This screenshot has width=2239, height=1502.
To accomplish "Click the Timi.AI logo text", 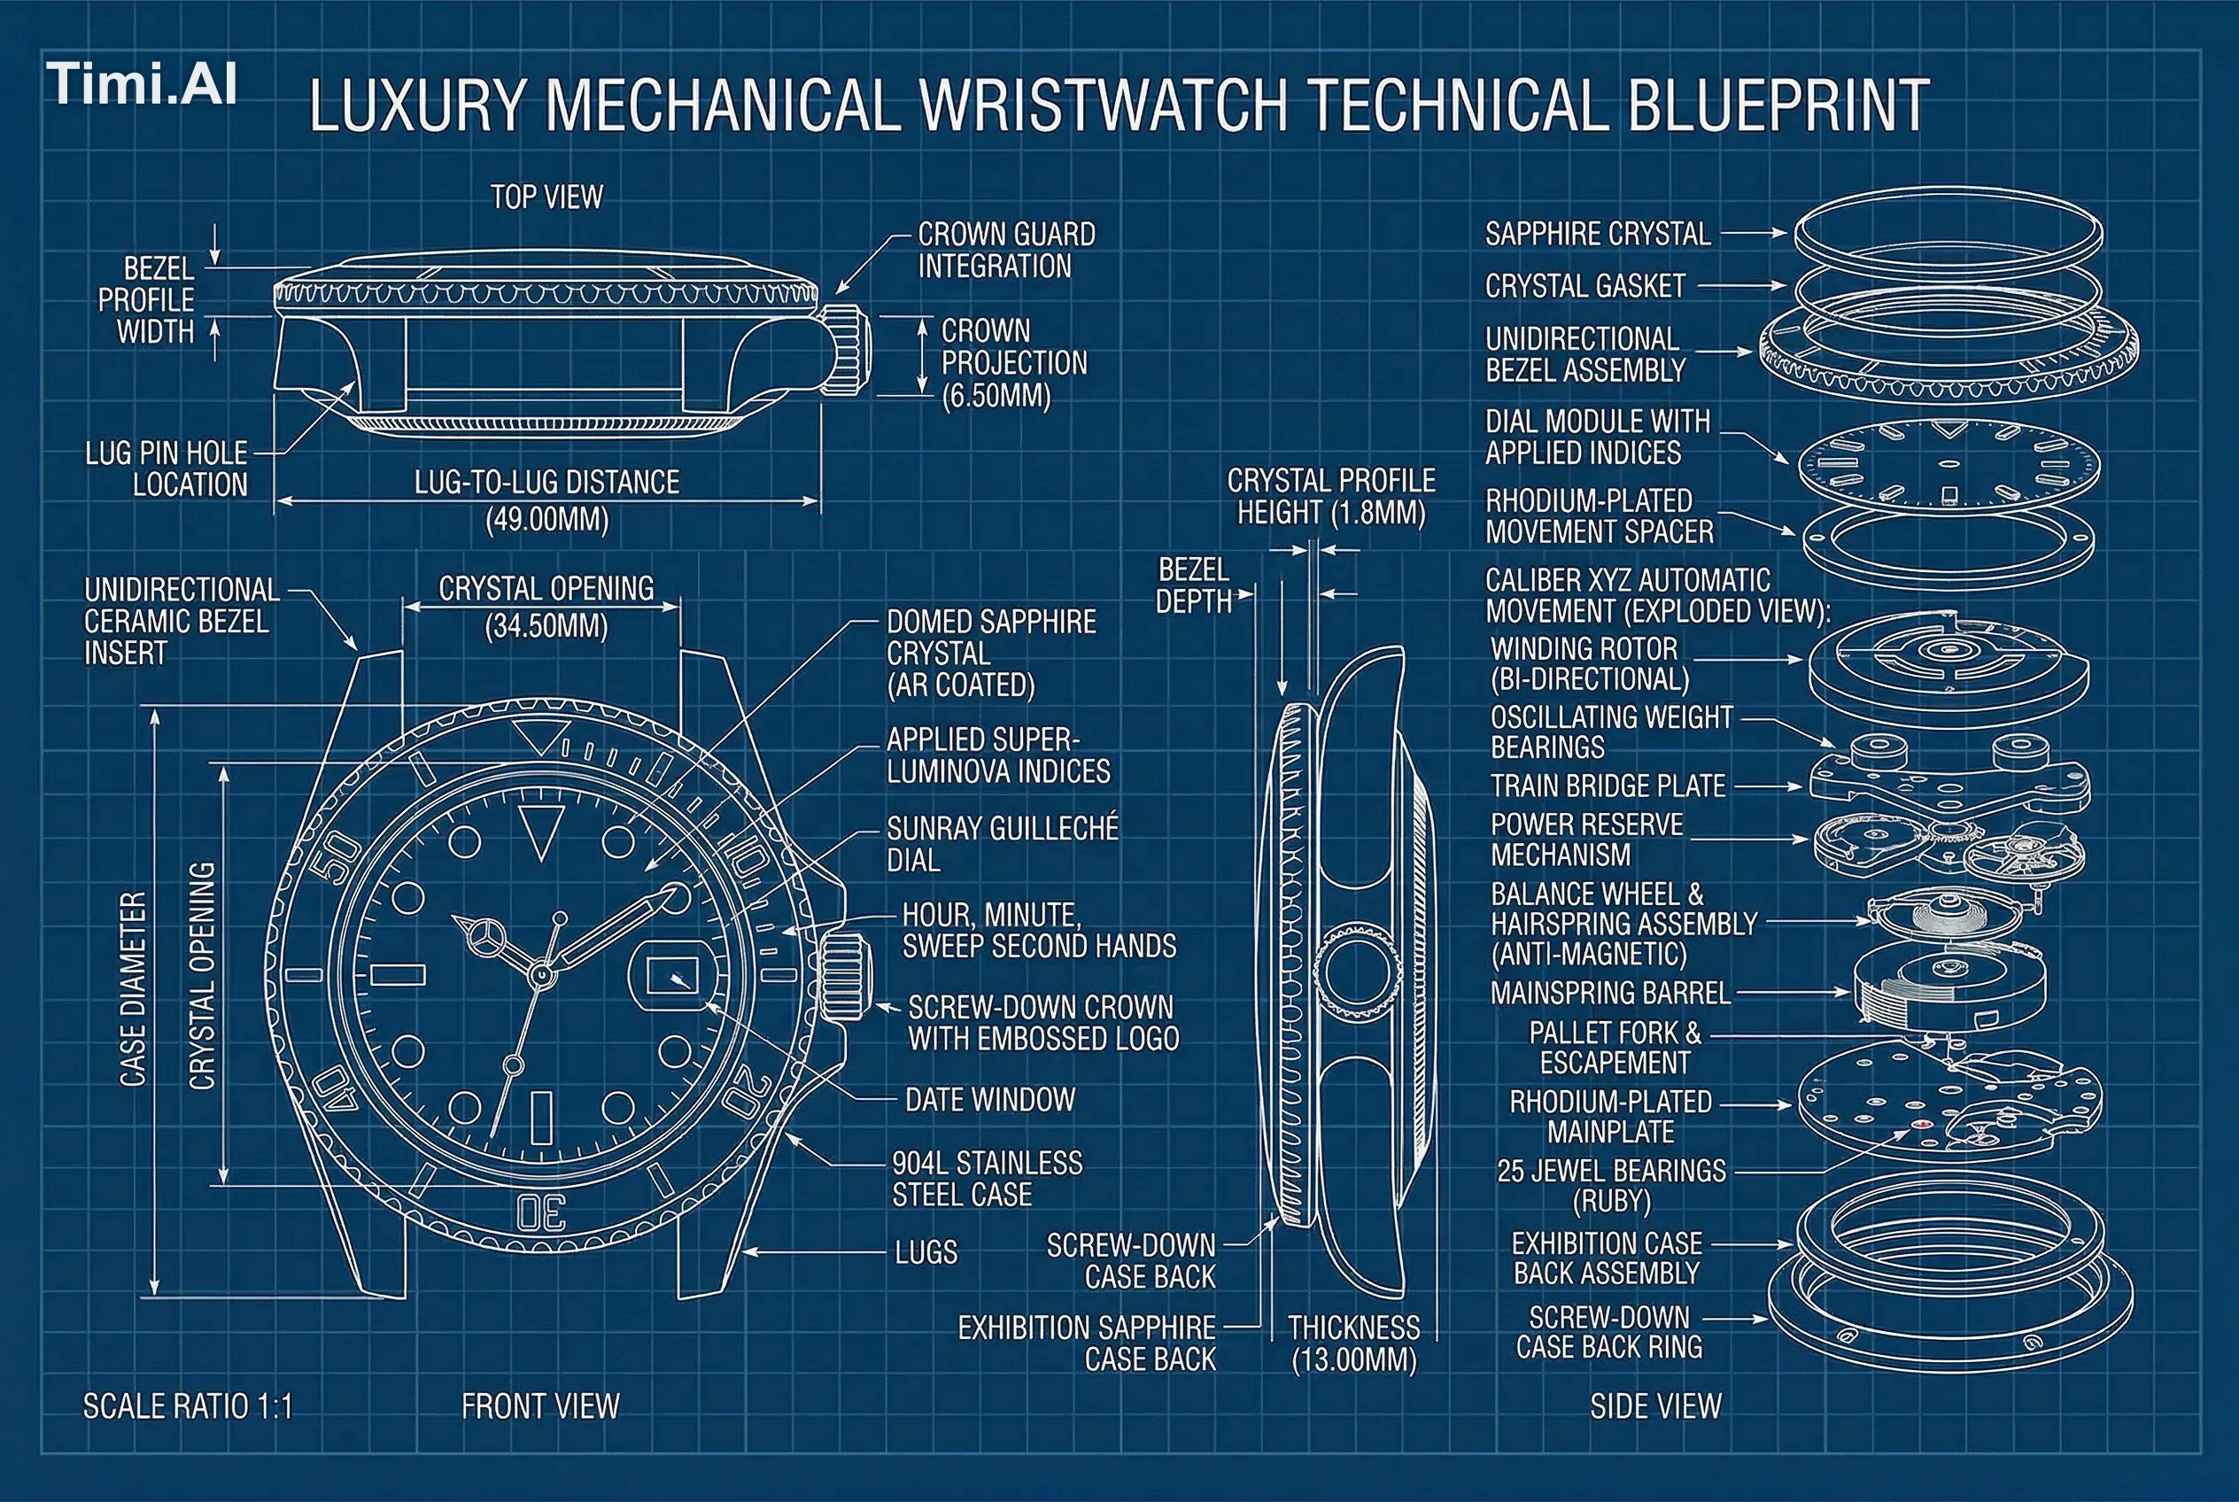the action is (142, 84).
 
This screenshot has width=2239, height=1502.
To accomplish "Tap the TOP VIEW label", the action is (547, 197).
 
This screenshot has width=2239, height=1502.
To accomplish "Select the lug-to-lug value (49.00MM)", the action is (547, 520).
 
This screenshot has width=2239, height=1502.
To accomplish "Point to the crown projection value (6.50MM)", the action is (996, 396).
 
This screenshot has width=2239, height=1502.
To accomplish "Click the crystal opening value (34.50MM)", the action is (546, 626).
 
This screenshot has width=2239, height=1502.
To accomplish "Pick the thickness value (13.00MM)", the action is (1353, 1360).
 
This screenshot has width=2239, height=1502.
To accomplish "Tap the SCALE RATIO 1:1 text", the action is (188, 1406).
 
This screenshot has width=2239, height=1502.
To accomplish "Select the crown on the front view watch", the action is (844, 976).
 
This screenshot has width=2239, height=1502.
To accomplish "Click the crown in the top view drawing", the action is (846, 349).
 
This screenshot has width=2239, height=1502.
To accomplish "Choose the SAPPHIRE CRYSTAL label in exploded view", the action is (1597, 234).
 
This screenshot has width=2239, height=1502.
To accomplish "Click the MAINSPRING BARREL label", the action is (1610, 994).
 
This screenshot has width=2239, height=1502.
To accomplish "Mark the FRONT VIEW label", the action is (540, 1406).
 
